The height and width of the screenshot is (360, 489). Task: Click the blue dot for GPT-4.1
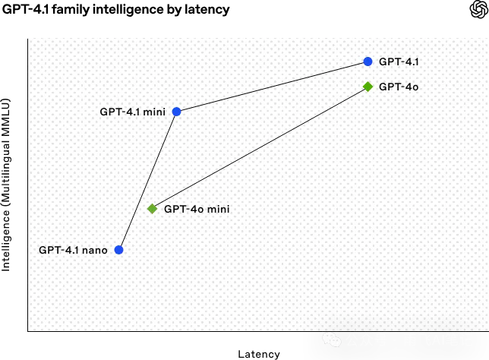[x=368, y=62]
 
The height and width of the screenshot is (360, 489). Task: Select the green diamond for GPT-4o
[x=368, y=87]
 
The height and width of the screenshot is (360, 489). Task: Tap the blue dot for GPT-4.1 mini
[x=176, y=112]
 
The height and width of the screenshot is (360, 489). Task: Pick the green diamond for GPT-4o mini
[x=152, y=209]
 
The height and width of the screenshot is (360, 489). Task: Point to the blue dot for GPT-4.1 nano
[x=118, y=250]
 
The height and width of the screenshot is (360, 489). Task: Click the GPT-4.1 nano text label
[x=73, y=250]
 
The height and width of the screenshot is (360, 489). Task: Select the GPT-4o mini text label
[x=197, y=209]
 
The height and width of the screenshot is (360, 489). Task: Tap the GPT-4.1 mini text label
[x=133, y=112]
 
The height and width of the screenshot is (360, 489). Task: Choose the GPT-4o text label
[x=399, y=87]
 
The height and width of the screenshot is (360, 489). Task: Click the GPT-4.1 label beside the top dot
[x=399, y=62]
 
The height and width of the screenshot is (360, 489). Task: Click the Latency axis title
[x=259, y=354]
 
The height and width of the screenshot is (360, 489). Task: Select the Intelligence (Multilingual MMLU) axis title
[x=6, y=185]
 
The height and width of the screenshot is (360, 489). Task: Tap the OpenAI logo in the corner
[x=478, y=9]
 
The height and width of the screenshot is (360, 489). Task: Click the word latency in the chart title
[x=207, y=9]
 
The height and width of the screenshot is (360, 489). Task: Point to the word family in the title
[x=71, y=9]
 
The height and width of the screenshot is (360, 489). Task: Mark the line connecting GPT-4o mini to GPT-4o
[x=260, y=148]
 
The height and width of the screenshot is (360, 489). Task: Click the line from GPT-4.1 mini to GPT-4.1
[x=273, y=87]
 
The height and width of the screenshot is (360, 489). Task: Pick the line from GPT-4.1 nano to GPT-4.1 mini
[x=148, y=181]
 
